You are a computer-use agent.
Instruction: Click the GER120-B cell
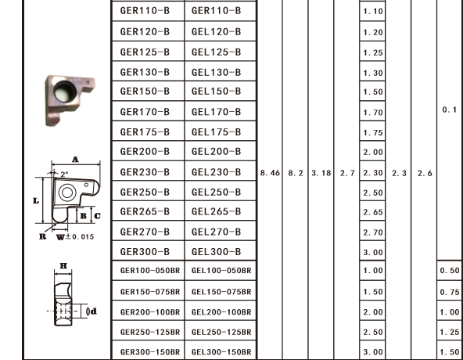click(x=145, y=31)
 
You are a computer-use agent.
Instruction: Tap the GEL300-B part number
click(x=216, y=252)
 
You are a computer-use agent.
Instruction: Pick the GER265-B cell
click(x=145, y=211)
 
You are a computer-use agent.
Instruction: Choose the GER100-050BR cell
click(x=150, y=271)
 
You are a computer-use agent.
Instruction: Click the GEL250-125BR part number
click(x=221, y=332)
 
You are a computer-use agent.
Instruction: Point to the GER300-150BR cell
click(x=150, y=352)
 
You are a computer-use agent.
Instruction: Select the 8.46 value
click(x=270, y=173)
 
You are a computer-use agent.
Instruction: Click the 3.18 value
click(x=321, y=173)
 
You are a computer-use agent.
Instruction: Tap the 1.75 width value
click(x=373, y=133)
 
